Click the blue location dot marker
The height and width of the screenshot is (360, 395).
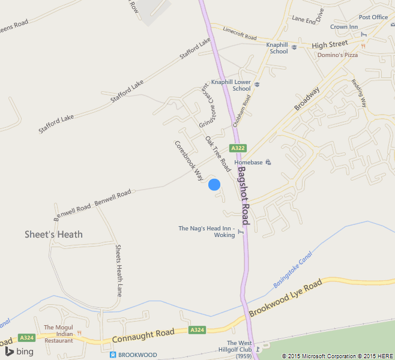pos(214,185)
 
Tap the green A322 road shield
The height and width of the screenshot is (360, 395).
pos(238,148)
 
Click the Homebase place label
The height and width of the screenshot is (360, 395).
pos(249,162)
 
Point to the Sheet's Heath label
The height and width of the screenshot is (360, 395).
pos(53,234)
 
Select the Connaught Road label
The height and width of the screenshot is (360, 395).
pos(143,336)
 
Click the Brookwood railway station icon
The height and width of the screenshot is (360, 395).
pos(112,355)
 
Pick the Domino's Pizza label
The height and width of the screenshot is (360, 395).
pos(337,55)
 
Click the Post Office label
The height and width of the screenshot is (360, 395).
pos(373,17)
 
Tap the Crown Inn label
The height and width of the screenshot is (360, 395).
pos(344,27)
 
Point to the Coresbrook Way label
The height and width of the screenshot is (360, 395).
pos(188,161)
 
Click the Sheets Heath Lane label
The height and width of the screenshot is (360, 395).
pos(119,270)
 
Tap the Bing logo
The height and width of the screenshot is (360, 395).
pos(19,352)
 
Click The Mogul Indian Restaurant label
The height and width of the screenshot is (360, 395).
pos(59,334)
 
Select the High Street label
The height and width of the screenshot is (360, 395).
pos(330,44)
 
